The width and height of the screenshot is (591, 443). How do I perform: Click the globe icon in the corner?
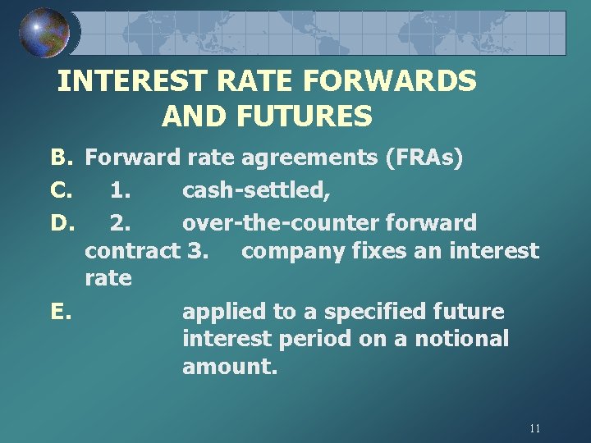44,33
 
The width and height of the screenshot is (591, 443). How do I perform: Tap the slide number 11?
535,428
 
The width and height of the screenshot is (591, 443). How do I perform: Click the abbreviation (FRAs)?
424,157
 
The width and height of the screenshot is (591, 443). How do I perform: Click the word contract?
132,250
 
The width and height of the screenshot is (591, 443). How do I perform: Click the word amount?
230,367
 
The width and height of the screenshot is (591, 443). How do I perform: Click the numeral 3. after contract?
197,250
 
